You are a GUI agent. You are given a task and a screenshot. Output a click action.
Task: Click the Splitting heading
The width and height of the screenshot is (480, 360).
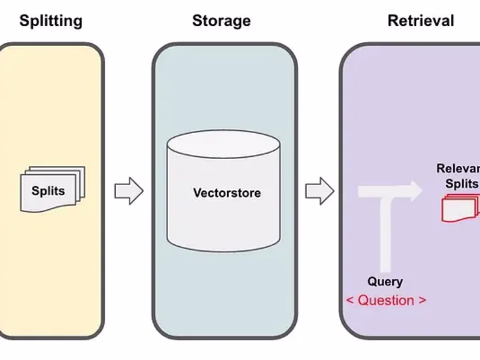(x=51, y=21)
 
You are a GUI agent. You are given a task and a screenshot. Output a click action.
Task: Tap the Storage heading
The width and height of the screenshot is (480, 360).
(x=221, y=21)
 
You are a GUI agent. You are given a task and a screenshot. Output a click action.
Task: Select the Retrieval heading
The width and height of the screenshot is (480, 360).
(x=420, y=21)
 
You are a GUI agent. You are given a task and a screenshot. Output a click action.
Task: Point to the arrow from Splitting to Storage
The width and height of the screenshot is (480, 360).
(x=128, y=191)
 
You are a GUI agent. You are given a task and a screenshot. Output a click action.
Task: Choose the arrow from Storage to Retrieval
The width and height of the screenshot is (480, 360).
(x=319, y=191)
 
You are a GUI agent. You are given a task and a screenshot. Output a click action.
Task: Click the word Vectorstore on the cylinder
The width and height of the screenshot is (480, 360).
(x=226, y=192)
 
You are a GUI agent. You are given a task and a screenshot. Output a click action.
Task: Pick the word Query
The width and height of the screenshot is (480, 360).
(x=385, y=281)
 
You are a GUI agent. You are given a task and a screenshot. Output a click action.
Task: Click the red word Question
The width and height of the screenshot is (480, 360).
(x=386, y=300)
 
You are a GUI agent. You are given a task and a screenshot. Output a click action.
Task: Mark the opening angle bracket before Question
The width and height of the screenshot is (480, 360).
(x=351, y=301)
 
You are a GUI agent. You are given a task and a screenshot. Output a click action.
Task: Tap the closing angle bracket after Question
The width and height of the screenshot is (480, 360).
(x=422, y=301)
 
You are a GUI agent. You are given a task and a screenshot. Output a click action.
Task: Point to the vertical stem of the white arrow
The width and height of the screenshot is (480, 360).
(x=386, y=233)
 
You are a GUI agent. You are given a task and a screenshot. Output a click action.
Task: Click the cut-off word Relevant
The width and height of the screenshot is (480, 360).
(x=457, y=169)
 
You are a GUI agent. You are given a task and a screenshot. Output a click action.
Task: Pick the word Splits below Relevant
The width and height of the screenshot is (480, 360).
(x=461, y=183)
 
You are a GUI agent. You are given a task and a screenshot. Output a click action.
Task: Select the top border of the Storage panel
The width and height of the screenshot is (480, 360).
(x=224, y=45)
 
